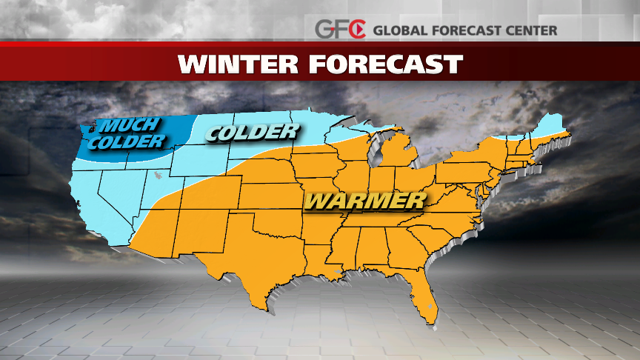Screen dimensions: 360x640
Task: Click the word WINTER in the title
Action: pos(238,64)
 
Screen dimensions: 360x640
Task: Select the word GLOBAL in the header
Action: pos(401,30)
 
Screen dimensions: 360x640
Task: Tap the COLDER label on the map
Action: pos(253,133)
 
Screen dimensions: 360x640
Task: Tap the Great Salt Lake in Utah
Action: pos(159,177)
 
